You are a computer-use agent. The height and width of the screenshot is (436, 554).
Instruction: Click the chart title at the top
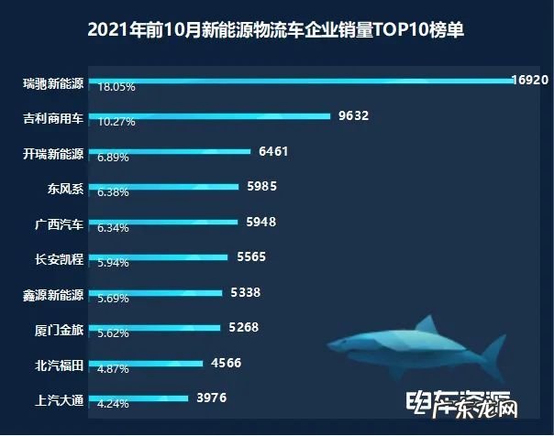pyautogui.click(x=276, y=29)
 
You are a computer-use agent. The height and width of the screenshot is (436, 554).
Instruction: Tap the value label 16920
pyautogui.click(x=529, y=81)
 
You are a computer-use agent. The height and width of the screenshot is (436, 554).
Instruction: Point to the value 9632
pyautogui.click(x=352, y=116)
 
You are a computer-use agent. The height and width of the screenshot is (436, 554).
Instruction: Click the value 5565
pyautogui.click(x=250, y=257)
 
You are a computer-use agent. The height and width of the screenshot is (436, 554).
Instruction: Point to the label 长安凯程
pyautogui.click(x=58, y=258)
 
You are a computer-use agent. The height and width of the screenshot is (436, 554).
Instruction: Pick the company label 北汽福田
pyautogui.click(x=58, y=365)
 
